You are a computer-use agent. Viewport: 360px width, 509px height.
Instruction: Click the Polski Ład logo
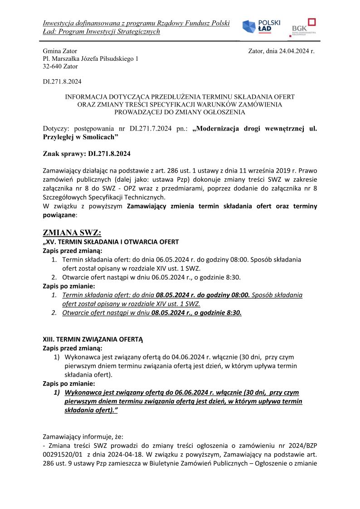261,27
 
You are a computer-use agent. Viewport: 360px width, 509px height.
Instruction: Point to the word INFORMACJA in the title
84,97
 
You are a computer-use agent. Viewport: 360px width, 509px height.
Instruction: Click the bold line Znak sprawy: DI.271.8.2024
86,154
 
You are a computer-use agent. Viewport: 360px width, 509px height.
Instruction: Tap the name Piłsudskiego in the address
112,59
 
